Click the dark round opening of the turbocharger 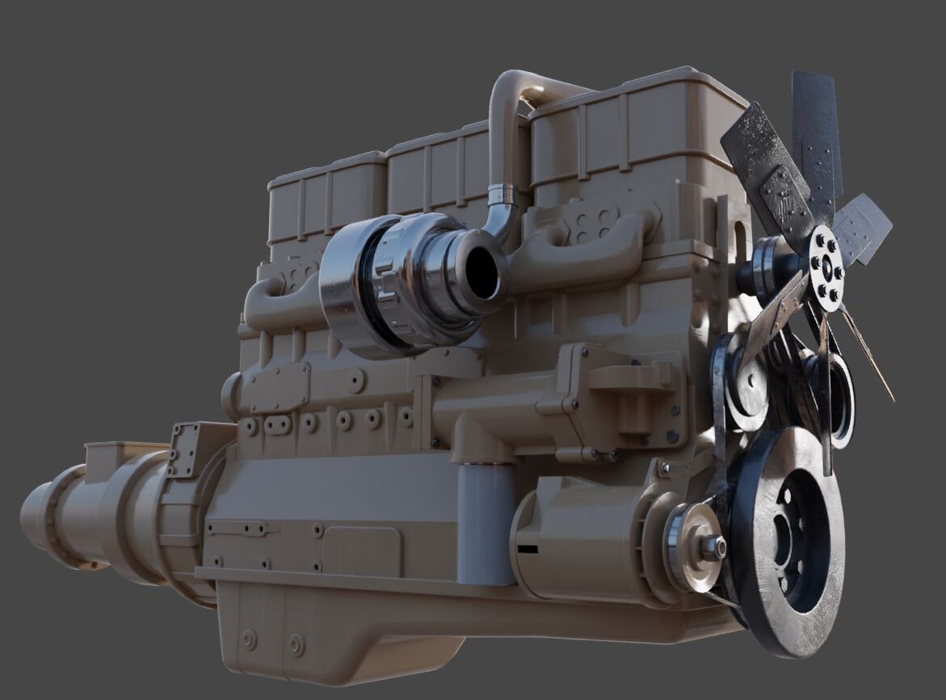click(482, 272)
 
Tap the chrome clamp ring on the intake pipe click(502, 196)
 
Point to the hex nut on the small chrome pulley click(712, 548)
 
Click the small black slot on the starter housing click(528, 550)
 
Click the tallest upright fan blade click(818, 137)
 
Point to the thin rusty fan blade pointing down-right click(868, 356)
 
